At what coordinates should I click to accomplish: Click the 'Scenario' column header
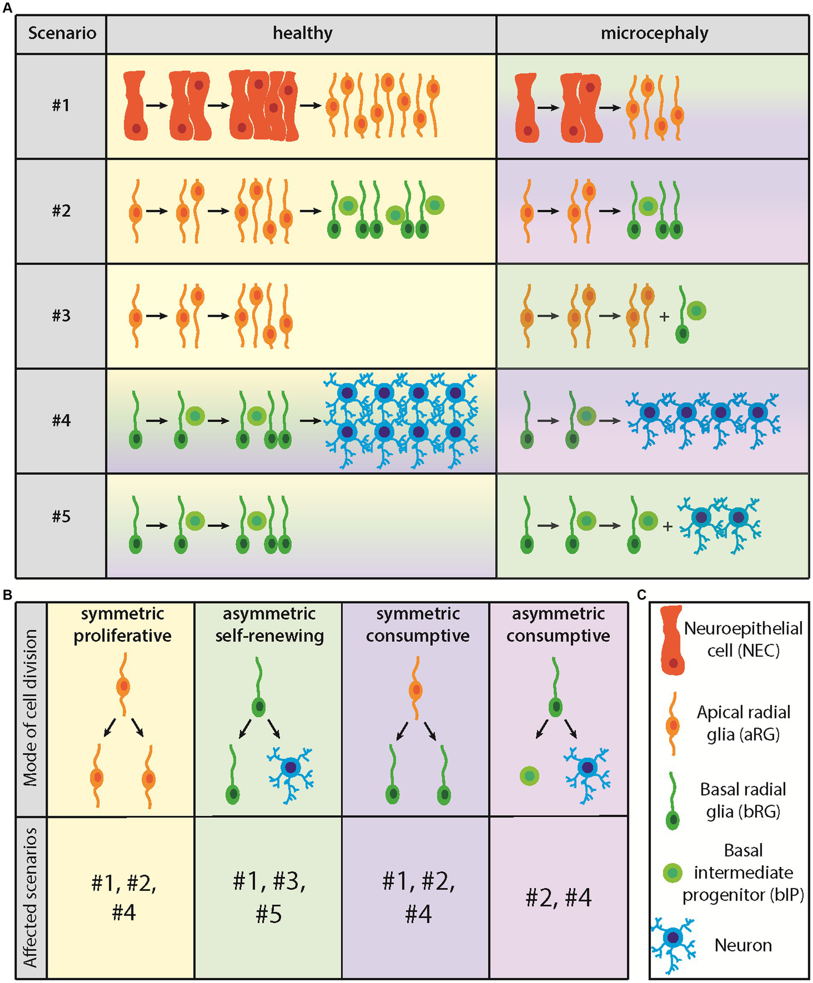[x=62, y=33]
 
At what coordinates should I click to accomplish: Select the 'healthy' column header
[x=302, y=33]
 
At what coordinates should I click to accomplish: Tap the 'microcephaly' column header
[x=654, y=33]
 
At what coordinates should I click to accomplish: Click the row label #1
[x=61, y=105]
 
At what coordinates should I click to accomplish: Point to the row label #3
[x=61, y=316]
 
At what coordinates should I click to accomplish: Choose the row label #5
[x=61, y=516]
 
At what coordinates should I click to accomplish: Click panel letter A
[x=7, y=7]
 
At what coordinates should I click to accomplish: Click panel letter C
[x=642, y=595]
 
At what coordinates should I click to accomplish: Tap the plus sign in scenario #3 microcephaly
[x=664, y=317]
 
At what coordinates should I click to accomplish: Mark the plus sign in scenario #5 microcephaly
[x=667, y=526]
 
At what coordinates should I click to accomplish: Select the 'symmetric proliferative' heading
[x=122, y=625]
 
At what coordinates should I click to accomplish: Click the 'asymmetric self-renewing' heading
[x=269, y=625]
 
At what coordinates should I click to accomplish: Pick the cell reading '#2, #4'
[x=558, y=898]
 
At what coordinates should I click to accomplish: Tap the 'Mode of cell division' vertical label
[x=31, y=708]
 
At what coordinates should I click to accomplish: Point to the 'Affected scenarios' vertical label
[x=31, y=897]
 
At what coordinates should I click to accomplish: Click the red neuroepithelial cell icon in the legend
[x=673, y=639]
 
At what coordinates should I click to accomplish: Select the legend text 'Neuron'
[x=743, y=945]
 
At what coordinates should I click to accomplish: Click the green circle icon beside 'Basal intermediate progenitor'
[x=673, y=873]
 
